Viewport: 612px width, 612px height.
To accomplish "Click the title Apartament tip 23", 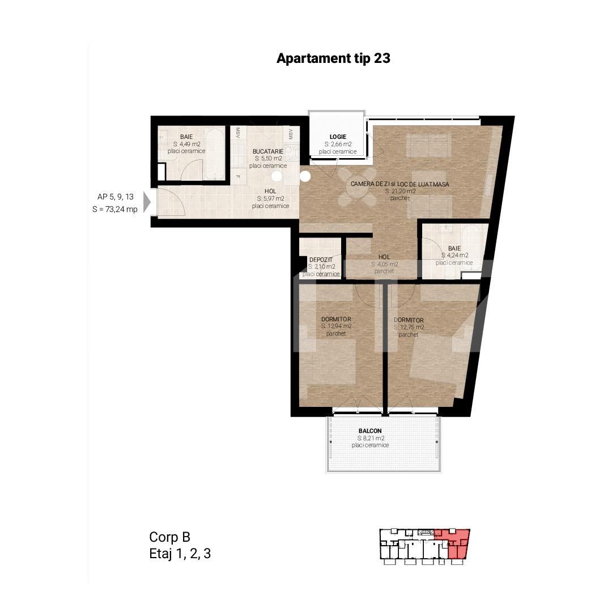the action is pos(333,58).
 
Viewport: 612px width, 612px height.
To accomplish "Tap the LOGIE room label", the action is pos(338,137).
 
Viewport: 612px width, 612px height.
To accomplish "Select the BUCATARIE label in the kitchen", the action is pos(267,151).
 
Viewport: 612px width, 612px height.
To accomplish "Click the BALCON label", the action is pos(370,431).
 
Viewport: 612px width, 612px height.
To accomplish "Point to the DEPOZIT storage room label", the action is pos(321,260).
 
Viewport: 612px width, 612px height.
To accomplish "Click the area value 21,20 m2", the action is pos(400,192).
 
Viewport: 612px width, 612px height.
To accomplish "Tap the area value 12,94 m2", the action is pos(336,326).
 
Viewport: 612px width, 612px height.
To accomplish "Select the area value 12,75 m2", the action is pos(409,328).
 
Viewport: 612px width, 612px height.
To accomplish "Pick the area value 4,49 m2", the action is pos(186,144).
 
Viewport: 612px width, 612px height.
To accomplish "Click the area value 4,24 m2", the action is pos(454,255).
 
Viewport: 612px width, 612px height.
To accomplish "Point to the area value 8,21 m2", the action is pos(371,438).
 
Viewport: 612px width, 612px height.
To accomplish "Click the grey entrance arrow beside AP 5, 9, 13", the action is pos(147,202).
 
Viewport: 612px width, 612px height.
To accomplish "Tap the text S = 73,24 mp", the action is pos(115,209).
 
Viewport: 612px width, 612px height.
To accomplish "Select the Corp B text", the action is pos(170,537).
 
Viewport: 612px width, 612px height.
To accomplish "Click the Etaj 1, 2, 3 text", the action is pos(180,554).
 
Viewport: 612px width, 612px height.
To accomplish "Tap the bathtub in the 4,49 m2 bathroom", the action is pos(214,154).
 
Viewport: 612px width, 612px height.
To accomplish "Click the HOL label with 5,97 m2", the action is pos(270,192).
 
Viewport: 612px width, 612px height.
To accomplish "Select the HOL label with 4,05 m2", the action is pos(384,257).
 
